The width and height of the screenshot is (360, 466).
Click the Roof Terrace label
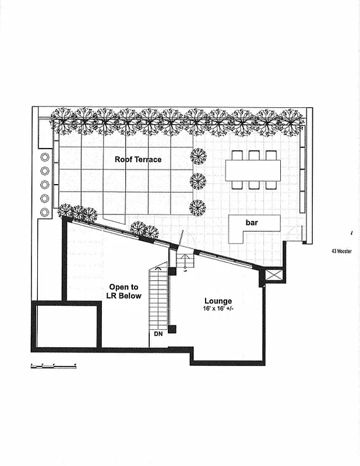pyautogui.click(x=138, y=159)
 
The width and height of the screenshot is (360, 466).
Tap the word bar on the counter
pyautogui.click(x=252, y=223)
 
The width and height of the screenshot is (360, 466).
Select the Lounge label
pyautogui.click(x=218, y=301)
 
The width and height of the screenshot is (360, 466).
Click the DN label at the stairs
pyautogui.click(x=158, y=334)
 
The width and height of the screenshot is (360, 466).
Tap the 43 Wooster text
pyautogui.click(x=341, y=251)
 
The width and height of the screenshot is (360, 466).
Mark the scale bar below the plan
pyautogui.click(x=53, y=365)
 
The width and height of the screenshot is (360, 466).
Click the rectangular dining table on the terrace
pyautogui.click(x=253, y=170)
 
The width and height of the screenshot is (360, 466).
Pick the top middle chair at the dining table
pyautogui.click(x=254, y=156)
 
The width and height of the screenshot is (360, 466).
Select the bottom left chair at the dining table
pyautogui.click(x=237, y=185)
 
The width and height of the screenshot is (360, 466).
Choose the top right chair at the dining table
pyautogui.click(x=271, y=156)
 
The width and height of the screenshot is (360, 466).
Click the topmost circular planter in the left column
pyautogui.click(x=45, y=158)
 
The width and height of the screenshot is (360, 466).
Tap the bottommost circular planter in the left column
pyautogui.click(x=45, y=211)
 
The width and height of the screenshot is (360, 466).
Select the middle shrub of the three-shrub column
pyautogui.click(x=198, y=181)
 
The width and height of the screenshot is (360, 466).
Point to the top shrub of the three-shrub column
pyautogui.click(x=198, y=156)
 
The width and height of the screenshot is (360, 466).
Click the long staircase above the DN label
pyautogui.click(x=158, y=297)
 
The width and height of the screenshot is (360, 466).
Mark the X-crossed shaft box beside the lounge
pyautogui.click(x=273, y=275)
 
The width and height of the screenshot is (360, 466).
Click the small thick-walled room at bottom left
pyautogui.click(x=66, y=325)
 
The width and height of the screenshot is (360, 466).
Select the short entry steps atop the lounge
pyautogui.click(x=186, y=260)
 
